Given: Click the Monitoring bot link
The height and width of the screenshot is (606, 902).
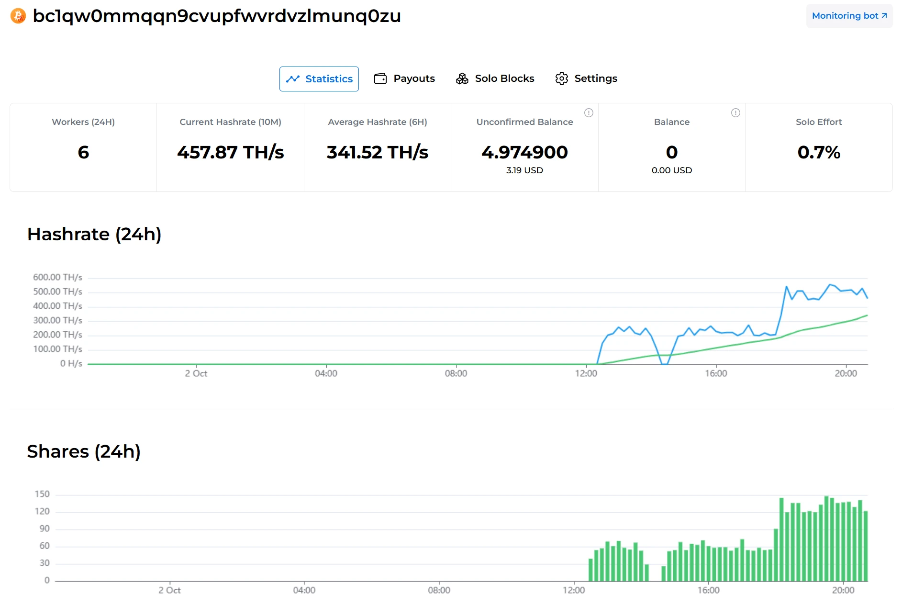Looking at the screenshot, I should click(x=849, y=16).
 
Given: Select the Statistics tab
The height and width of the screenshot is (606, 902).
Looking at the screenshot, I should click(x=319, y=79).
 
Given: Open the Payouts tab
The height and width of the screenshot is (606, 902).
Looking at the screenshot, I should click(x=404, y=79).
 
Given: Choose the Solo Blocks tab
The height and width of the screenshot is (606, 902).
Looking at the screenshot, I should click(x=495, y=79).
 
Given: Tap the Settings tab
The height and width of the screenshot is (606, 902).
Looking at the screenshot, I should click(x=586, y=79).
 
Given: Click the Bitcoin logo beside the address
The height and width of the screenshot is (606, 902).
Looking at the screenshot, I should click(x=18, y=16).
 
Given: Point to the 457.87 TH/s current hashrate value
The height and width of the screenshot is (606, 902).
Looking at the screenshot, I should click(x=230, y=152).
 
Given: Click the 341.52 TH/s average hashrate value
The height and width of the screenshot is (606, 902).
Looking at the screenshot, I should click(x=377, y=152).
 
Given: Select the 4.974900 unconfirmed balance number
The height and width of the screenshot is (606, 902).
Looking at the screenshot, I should click(x=524, y=152).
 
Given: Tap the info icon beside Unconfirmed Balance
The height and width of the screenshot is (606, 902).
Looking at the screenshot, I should click(x=589, y=112).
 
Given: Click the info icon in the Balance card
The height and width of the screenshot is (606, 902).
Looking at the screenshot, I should click(x=735, y=112).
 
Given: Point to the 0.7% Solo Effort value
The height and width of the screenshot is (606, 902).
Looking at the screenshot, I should click(x=819, y=152).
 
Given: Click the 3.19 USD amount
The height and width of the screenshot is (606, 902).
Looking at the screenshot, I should click(x=524, y=170).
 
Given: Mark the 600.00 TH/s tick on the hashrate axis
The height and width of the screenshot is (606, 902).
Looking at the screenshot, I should click(x=57, y=277).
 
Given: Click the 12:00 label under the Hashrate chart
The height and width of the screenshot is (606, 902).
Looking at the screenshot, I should click(x=586, y=373).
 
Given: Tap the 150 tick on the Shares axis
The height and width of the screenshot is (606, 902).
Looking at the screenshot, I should click(x=42, y=494).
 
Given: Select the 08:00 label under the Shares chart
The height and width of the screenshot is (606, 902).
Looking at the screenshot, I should click(x=439, y=590).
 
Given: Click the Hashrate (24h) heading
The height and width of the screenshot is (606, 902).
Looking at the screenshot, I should click(x=94, y=234).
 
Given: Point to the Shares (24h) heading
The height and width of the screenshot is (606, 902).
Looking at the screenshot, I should click(x=84, y=451).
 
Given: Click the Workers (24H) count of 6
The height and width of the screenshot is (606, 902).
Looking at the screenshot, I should click(x=83, y=152).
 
